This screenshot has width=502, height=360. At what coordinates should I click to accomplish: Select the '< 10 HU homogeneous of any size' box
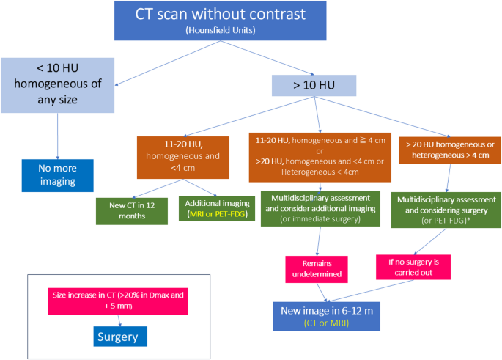tap(57, 84)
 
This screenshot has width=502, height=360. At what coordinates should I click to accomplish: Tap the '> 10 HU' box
tap(315, 85)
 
